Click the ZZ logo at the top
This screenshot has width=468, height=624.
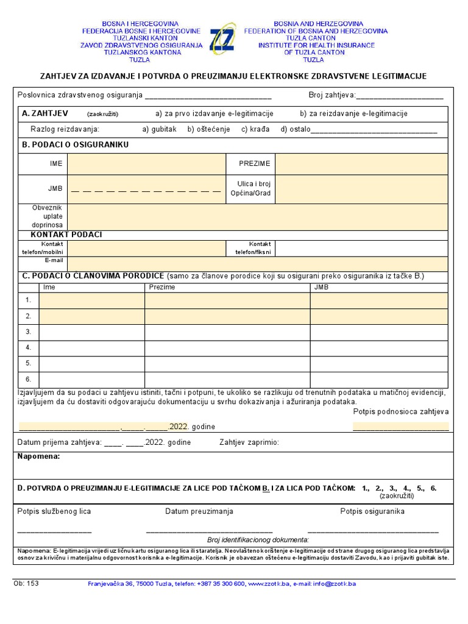(222, 39)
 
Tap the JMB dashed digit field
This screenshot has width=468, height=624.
(146, 190)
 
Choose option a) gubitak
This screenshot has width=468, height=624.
(159, 129)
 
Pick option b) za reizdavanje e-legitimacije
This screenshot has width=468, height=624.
(353, 113)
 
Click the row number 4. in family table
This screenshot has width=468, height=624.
(28, 347)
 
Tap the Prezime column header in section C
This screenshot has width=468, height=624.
(162, 286)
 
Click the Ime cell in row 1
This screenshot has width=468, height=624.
(92, 300)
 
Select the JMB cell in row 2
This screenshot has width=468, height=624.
(379, 316)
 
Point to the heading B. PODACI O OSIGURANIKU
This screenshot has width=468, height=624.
(75, 145)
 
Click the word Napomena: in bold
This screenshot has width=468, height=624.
(38, 456)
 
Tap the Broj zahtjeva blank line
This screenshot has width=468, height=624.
(400, 96)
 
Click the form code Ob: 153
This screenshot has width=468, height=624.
(26, 583)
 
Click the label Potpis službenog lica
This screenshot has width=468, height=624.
(54, 511)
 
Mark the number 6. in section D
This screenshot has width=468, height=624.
(433, 488)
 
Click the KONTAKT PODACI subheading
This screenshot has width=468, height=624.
(66, 235)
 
